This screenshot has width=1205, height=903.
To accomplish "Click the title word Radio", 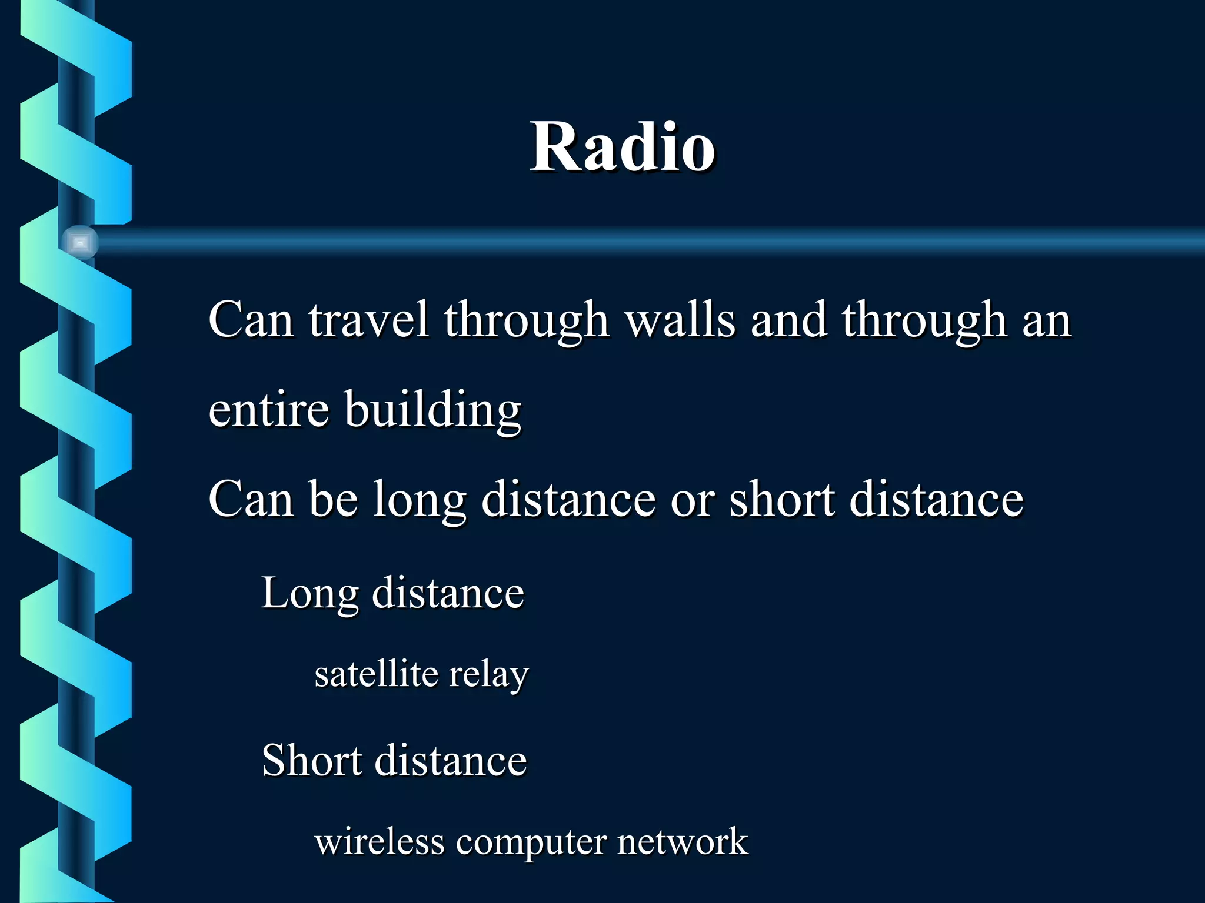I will (x=623, y=147).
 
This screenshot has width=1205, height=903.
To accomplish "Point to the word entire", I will (x=268, y=409).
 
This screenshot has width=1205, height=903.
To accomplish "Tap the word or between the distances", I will (x=692, y=500).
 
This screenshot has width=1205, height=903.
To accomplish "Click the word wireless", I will (x=379, y=841).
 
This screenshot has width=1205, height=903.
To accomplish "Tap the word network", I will (x=683, y=841).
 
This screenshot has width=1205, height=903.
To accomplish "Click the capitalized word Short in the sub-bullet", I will (x=311, y=760).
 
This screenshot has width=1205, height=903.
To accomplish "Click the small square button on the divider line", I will (x=80, y=242).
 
